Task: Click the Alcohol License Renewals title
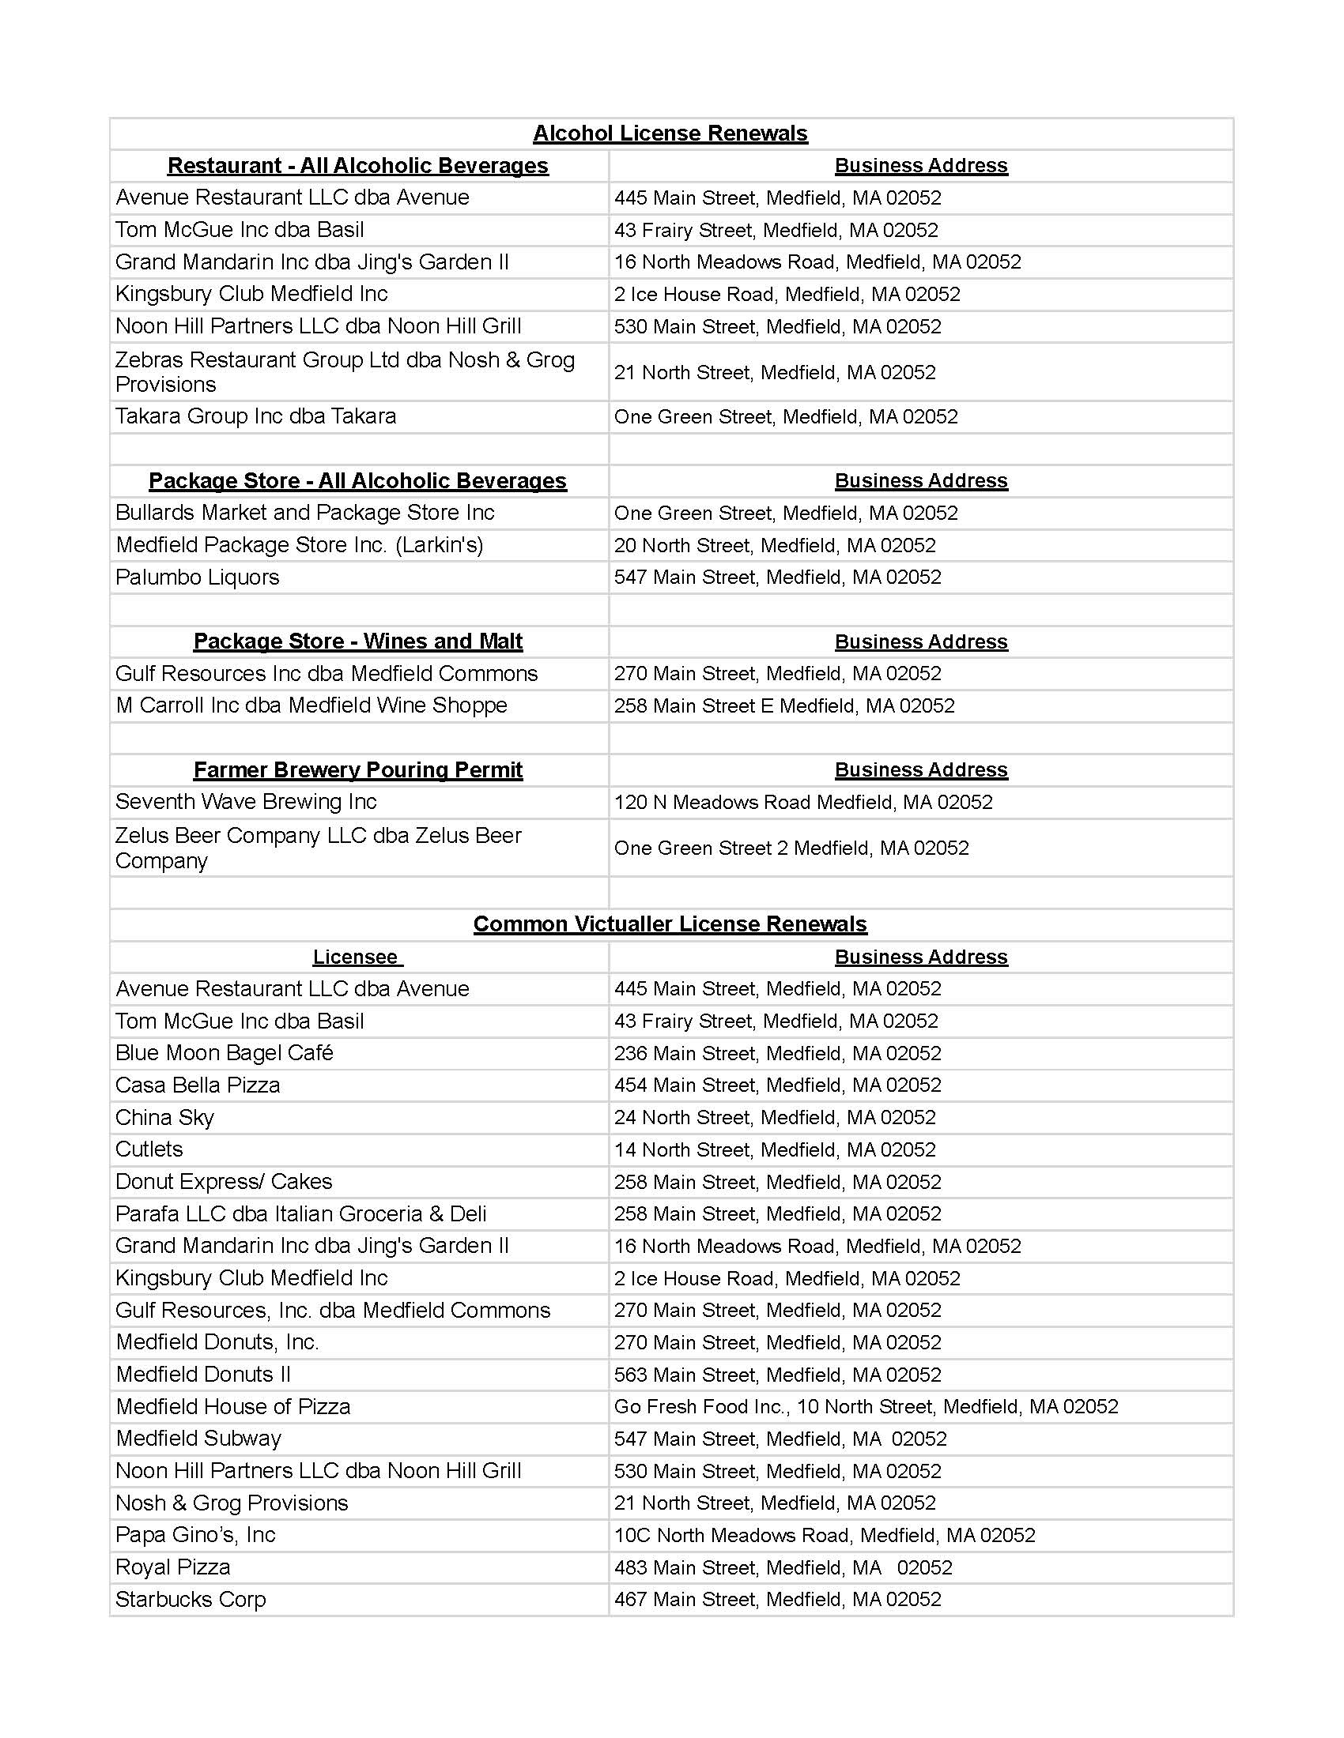click(x=670, y=134)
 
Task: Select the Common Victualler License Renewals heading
click(x=670, y=924)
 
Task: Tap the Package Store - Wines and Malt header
click(x=357, y=641)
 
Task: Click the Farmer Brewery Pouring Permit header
click(x=357, y=769)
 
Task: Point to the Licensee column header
click(x=357, y=957)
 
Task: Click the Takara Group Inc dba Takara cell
click(x=255, y=416)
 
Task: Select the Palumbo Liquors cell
click(x=198, y=577)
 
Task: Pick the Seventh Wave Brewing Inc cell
click(x=246, y=801)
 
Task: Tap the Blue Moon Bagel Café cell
click(x=224, y=1053)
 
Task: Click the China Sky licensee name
click(x=164, y=1117)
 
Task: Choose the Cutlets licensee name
click(x=149, y=1149)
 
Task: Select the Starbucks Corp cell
click(x=191, y=1599)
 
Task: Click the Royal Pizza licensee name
click(x=173, y=1567)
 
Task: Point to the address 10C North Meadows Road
click(x=824, y=1535)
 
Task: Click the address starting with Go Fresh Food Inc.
click(x=866, y=1406)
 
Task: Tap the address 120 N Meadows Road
click(x=802, y=802)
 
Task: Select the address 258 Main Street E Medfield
click(x=783, y=705)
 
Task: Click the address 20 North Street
click(x=774, y=545)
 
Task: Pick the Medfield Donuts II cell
click(x=203, y=1375)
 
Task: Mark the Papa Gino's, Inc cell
click(x=195, y=1534)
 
